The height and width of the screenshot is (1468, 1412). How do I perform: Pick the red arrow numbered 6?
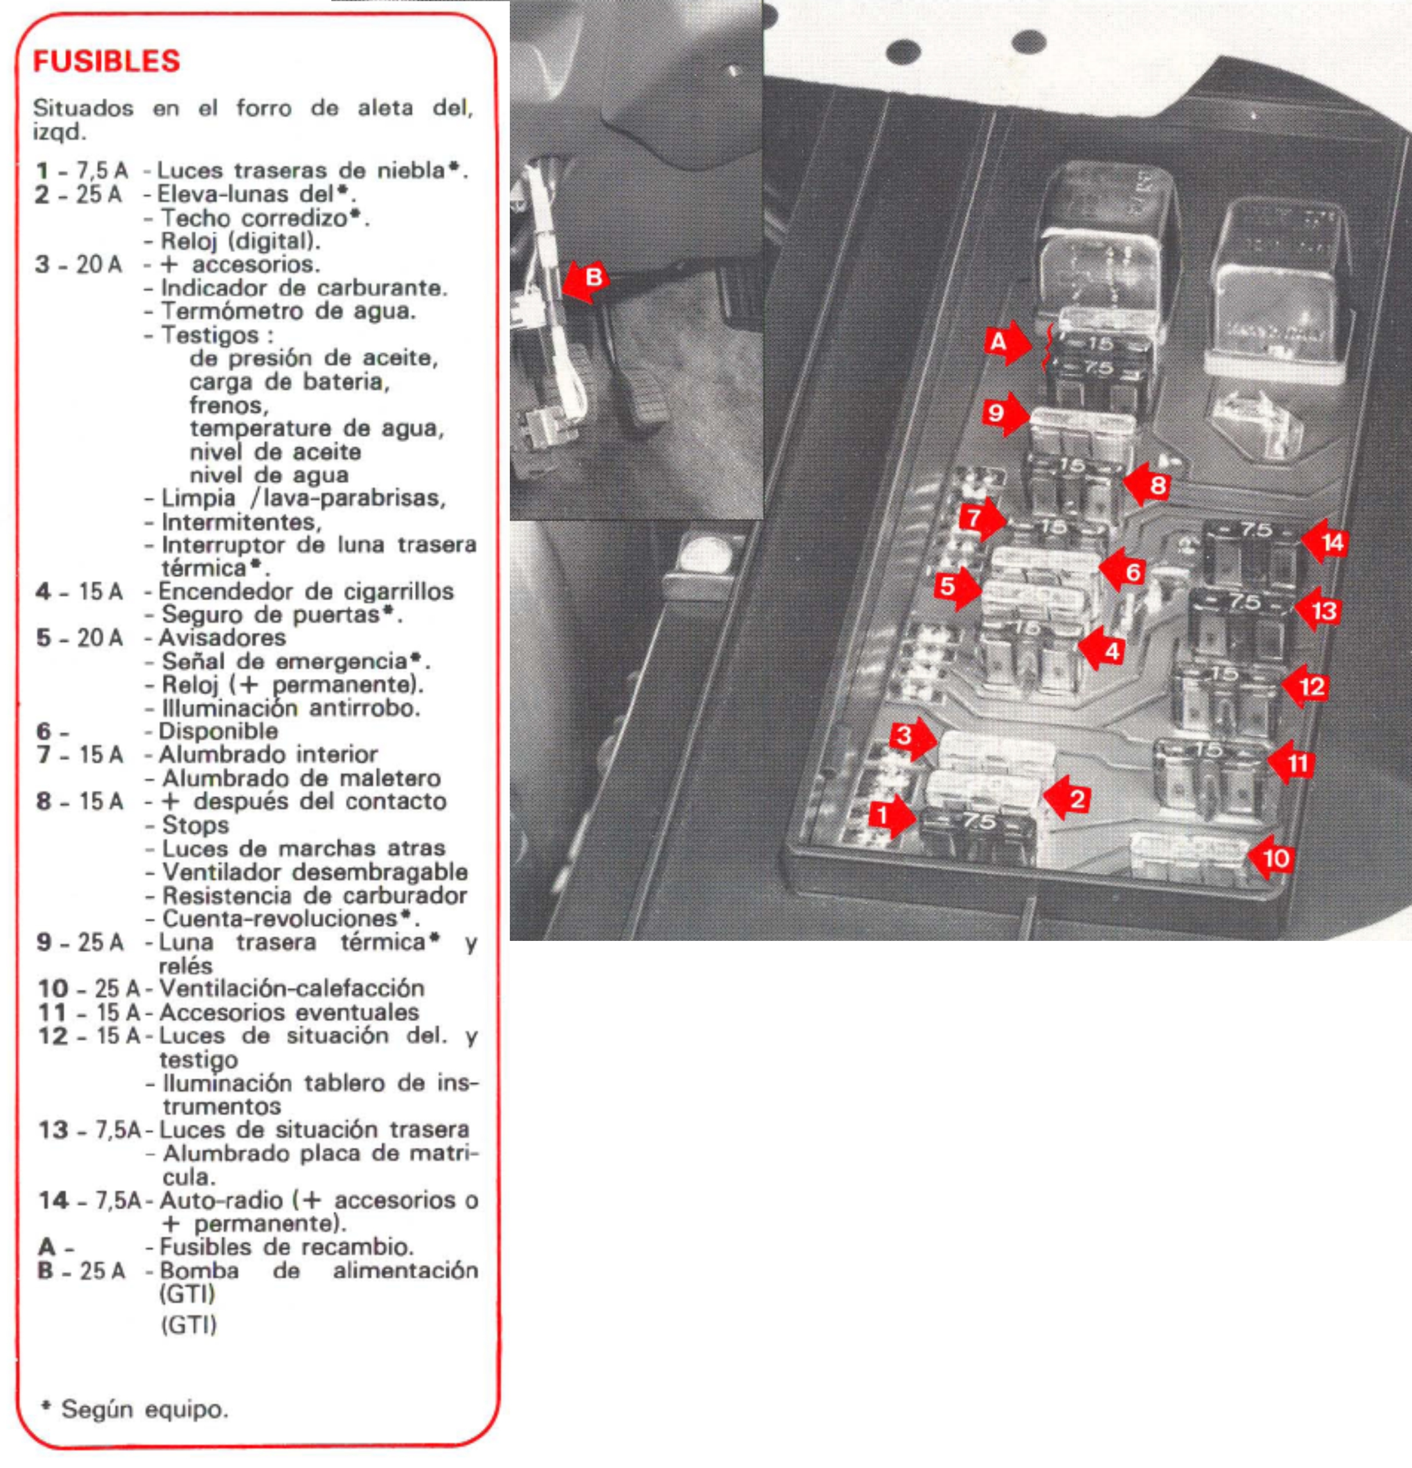click(1125, 571)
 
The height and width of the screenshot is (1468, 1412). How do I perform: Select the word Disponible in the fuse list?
click(218, 731)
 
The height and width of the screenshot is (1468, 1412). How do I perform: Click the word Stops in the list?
click(195, 825)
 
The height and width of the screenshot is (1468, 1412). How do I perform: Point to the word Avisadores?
click(223, 638)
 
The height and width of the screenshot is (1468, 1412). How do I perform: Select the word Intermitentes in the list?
click(241, 522)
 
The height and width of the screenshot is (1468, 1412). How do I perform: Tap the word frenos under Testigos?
click(228, 405)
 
